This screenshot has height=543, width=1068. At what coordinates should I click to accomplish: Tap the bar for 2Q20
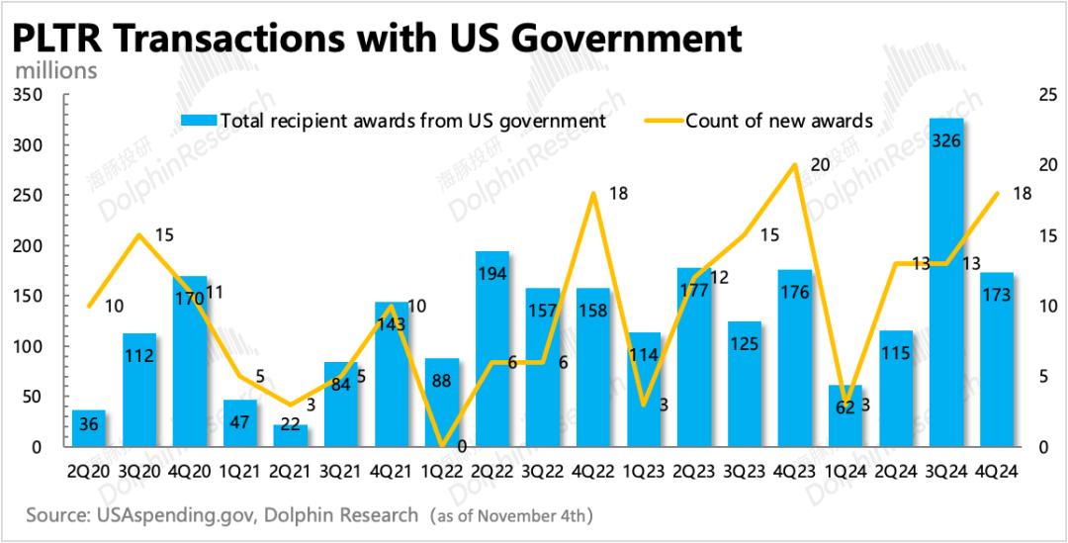tap(89, 428)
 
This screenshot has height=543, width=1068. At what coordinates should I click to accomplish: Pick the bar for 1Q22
tap(441, 402)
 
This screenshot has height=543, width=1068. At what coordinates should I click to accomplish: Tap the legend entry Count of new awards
tap(778, 121)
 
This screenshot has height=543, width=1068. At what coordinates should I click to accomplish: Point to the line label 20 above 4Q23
tap(820, 165)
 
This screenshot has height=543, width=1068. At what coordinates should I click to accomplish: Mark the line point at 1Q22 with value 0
tap(441, 446)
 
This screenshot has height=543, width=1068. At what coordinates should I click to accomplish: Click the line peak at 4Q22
tap(592, 192)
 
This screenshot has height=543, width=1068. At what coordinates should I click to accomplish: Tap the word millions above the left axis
tap(56, 71)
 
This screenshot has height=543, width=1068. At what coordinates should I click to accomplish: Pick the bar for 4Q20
tap(190, 361)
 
